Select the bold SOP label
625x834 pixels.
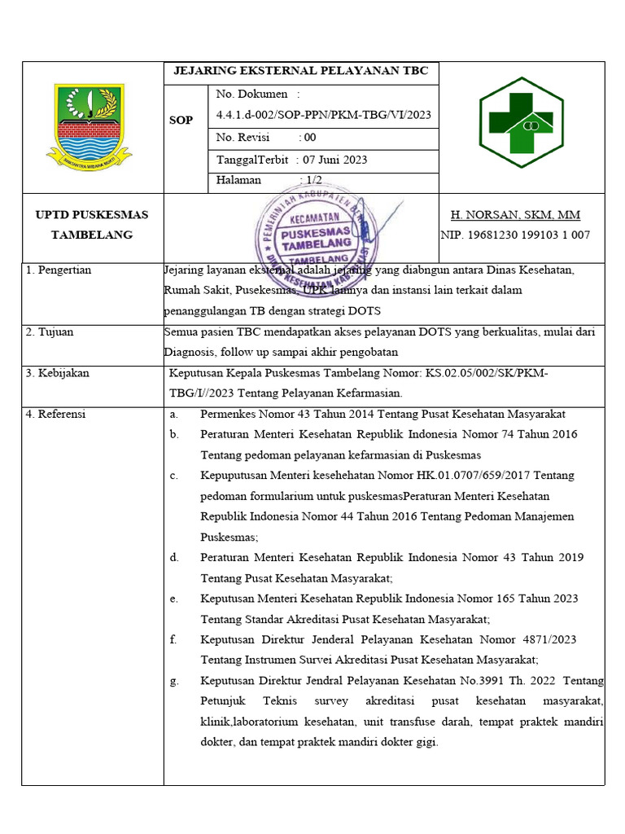(181, 120)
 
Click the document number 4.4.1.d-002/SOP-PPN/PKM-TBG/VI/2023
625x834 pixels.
(324, 115)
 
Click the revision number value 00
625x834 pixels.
(309, 138)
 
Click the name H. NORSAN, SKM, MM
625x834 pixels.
(515, 215)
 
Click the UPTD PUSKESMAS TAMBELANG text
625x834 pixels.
(92, 225)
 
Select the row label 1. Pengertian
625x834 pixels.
(59, 270)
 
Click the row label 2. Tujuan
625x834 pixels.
(53, 332)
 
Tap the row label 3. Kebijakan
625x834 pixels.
(58, 373)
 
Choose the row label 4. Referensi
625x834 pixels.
(56, 414)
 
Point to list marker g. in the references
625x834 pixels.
(174, 681)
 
